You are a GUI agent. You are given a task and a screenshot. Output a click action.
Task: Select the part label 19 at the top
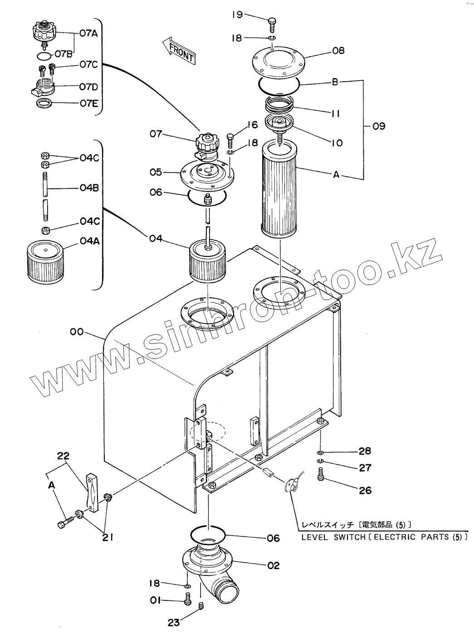coord(237,15)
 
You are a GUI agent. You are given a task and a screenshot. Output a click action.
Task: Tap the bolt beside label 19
coord(272,22)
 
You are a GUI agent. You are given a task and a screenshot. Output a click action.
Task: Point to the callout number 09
coord(379,126)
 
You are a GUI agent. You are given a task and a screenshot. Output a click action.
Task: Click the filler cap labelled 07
coord(207,146)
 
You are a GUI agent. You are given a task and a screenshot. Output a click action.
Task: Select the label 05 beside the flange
coord(156,172)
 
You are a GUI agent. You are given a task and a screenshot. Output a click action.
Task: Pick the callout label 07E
coord(89,103)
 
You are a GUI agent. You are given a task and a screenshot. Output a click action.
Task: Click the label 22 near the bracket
coord(64,456)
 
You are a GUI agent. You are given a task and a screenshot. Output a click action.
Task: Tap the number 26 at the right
coord(365,490)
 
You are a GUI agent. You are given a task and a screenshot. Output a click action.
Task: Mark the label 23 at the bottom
coord(173,622)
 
